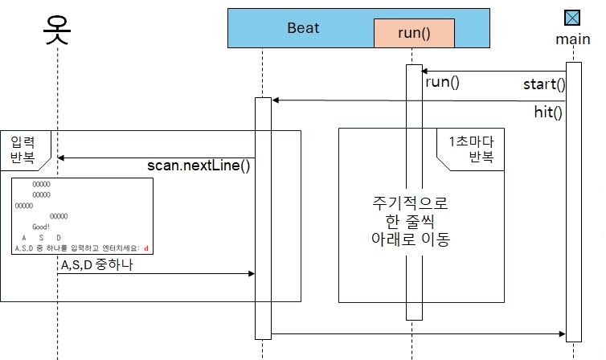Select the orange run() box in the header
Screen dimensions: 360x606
click(x=414, y=33)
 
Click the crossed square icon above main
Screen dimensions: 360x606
click(x=572, y=18)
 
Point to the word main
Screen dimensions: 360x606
click(x=572, y=39)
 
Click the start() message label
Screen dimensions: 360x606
click(x=544, y=84)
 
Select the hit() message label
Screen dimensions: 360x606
click(x=548, y=112)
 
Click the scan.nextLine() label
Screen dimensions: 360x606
click(x=199, y=166)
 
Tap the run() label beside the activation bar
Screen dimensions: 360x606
click(x=442, y=82)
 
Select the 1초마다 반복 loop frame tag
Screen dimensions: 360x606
click(x=470, y=149)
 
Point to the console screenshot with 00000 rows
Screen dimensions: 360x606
click(x=83, y=216)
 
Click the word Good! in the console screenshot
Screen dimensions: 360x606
click(x=41, y=227)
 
